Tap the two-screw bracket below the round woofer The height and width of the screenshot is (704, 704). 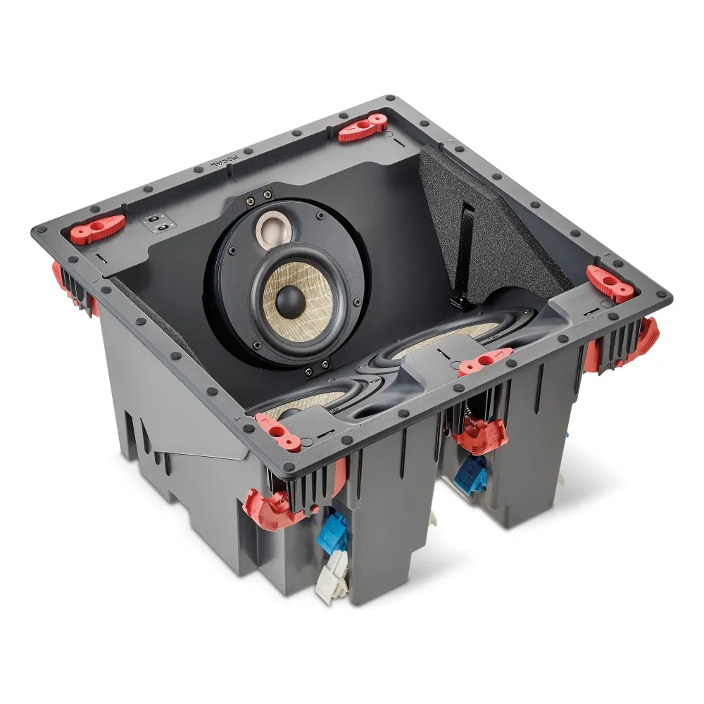(315, 367)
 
